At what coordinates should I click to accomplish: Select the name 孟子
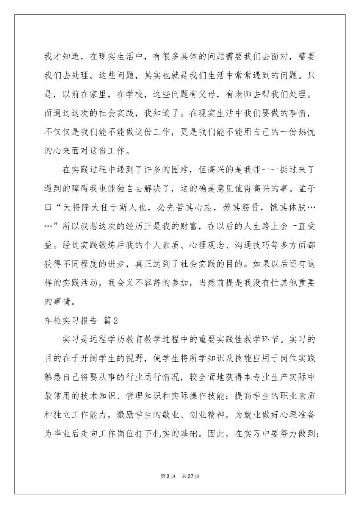click(x=306, y=188)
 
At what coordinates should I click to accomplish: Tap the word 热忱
click(x=306, y=132)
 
